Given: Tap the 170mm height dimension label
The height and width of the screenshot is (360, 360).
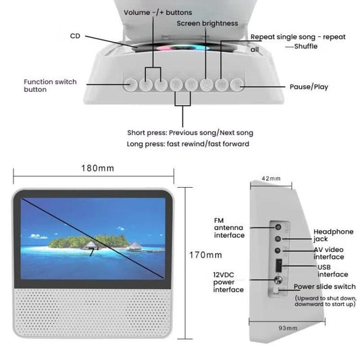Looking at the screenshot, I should (x=205, y=255).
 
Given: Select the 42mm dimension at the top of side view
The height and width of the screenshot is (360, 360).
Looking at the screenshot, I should (x=270, y=179).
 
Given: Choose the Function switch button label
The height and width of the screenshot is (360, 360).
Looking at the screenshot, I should (x=50, y=85).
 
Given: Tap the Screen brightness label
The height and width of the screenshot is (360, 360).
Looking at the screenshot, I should (x=207, y=24).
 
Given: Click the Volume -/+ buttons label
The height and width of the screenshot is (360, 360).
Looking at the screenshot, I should (x=157, y=12).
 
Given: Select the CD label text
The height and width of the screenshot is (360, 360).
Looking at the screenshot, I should (x=76, y=35).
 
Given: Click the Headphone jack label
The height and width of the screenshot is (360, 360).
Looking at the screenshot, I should (x=332, y=236).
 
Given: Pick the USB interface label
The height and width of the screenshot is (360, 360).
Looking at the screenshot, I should (x=332, y=270).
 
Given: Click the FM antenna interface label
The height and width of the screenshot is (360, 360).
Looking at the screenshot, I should (x=229, y=228).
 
